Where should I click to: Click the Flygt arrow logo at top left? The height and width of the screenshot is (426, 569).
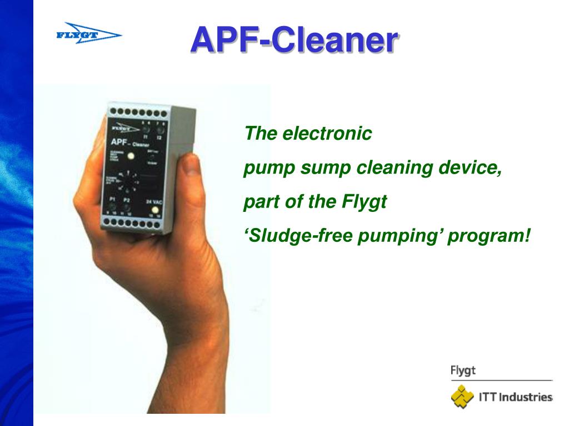(88, 34)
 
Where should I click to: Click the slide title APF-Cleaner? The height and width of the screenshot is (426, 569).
(294, 40)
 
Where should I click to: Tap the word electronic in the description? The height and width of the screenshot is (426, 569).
(327, 134)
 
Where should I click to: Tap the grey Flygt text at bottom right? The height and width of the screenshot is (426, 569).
(463, 371)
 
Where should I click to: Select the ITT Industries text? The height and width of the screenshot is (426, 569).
(514, 397)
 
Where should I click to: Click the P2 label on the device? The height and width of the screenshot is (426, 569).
(126, 200)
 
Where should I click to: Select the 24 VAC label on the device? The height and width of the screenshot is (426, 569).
(153, 202)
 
